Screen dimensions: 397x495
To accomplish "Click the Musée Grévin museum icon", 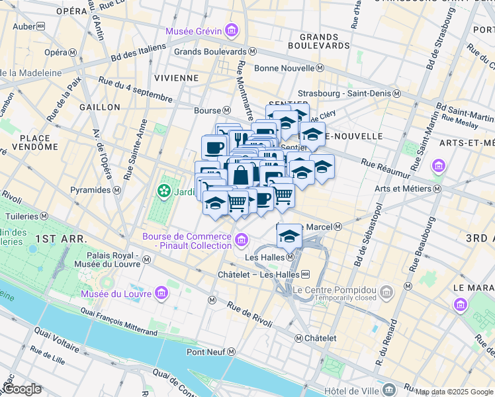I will [231, 30].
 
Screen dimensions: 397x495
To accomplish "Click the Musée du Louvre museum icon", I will [161, 293].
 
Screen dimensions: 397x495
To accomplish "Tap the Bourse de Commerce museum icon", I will [242, 239].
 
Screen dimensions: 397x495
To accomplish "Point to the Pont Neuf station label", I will [208, 352].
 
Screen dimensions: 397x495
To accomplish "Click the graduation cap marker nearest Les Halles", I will [289, 235].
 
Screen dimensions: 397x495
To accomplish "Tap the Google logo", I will [22, 389].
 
